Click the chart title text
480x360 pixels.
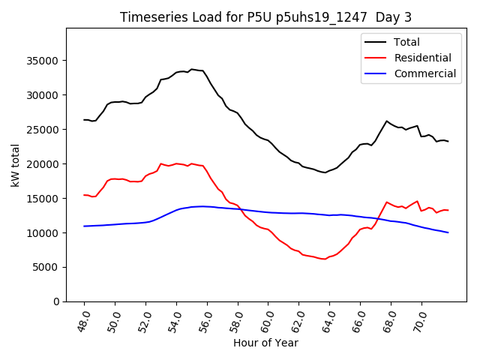point(266,17)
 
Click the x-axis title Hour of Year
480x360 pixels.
point(265,343)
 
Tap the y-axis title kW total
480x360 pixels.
point(16,165)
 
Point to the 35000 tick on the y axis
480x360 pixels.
point(45,61)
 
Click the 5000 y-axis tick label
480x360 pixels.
point(48,267)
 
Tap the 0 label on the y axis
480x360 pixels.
point(57,301)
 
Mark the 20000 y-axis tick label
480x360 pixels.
point(45,164)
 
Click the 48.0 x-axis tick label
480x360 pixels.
point(84,321)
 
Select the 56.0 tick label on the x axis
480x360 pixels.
point(206,321)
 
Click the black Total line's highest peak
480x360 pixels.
point(191,69)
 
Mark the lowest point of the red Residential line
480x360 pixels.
point(324,259)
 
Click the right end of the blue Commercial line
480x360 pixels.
point(448,232)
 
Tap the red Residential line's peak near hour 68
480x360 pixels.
point(387,202)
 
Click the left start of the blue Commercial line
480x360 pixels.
point(84,226)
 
